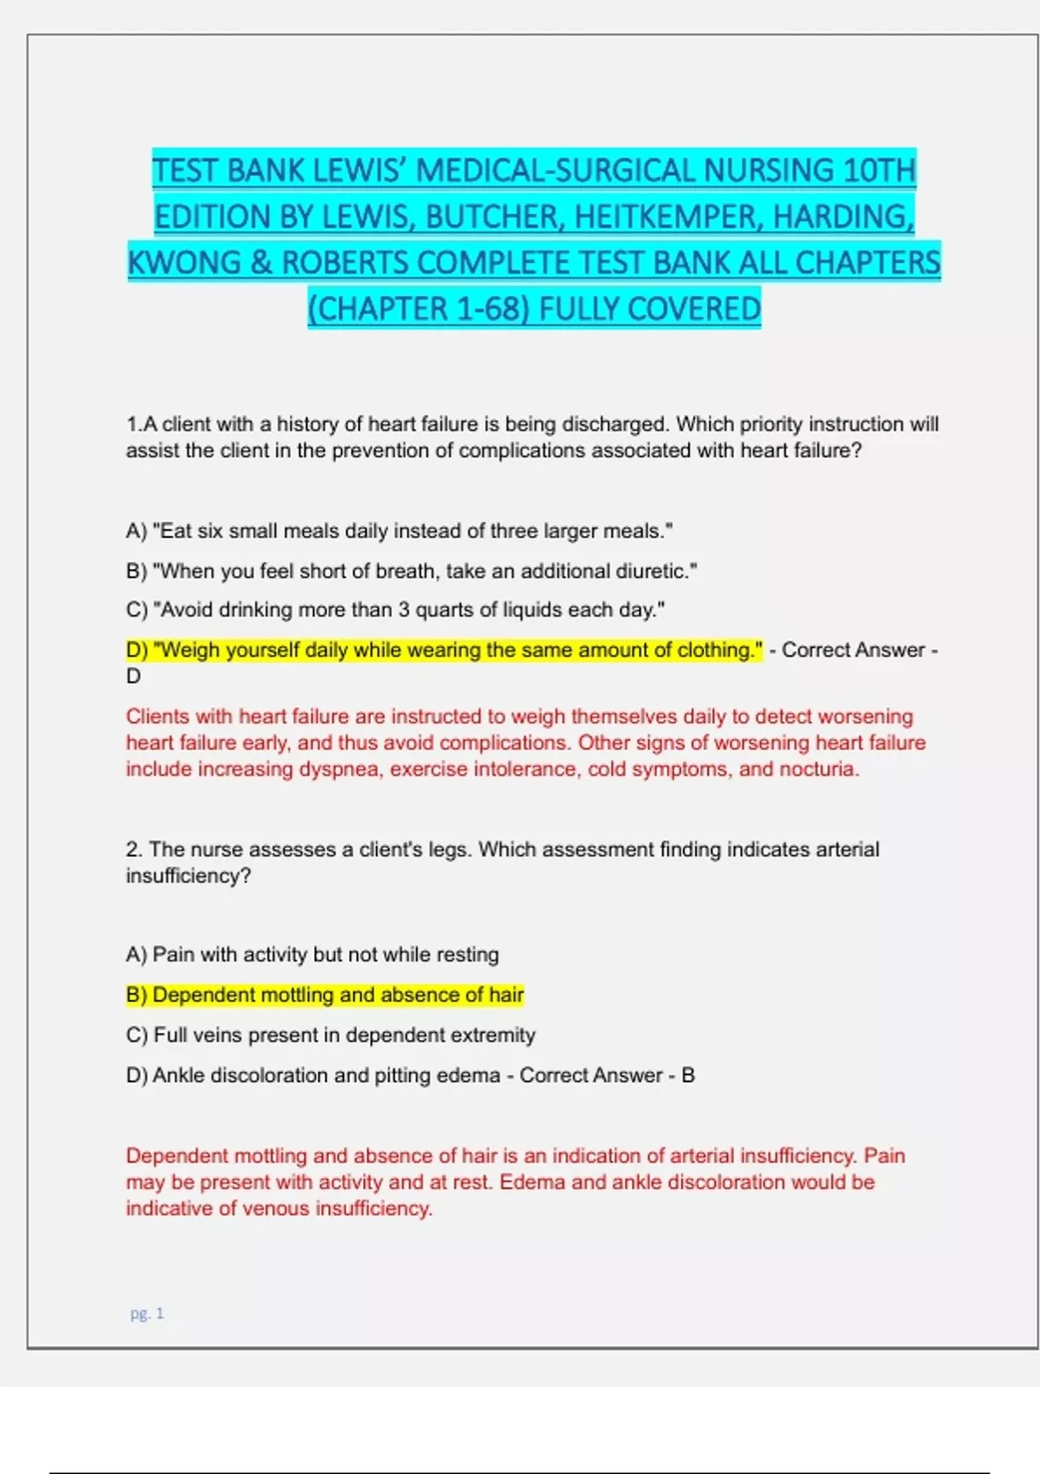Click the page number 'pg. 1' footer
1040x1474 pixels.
click(146, 1314)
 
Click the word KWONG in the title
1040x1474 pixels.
click(185, 263)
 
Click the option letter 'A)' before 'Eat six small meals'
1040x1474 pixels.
click(136, 531)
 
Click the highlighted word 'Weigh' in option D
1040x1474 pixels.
click(185, 649)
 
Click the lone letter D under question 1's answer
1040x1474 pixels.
click(133, 676)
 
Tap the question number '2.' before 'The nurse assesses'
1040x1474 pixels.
click(134, 850)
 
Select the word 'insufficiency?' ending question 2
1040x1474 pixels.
click(188, 876)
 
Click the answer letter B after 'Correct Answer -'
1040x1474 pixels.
click(688, 1075)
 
